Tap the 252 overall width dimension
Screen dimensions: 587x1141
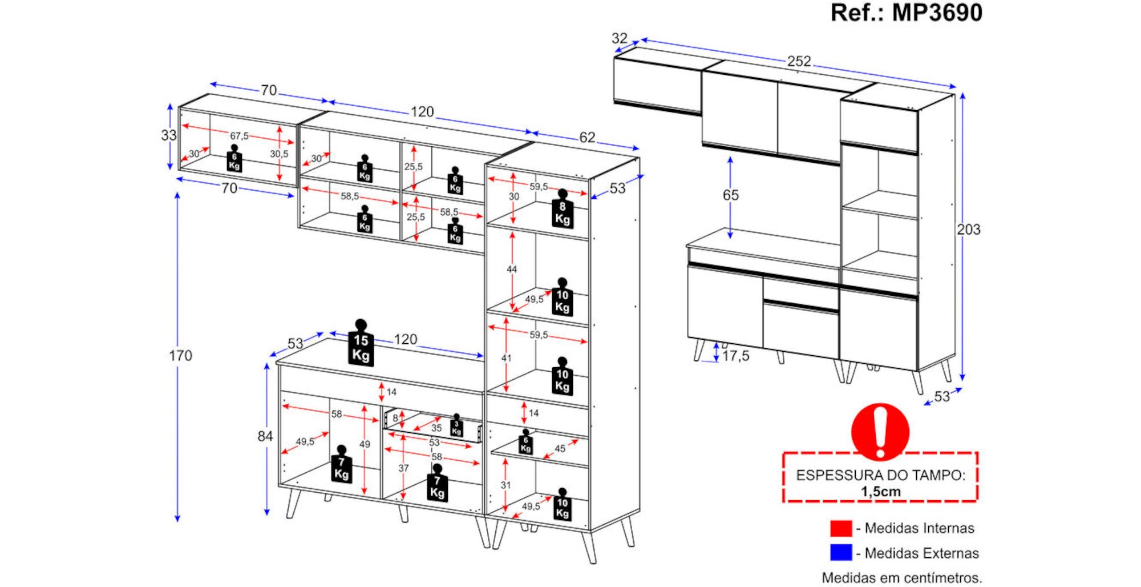point(799,61)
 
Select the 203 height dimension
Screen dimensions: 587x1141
point(968,230)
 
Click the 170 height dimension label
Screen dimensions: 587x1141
point(180,356)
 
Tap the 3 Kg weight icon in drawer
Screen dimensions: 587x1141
point(456,425)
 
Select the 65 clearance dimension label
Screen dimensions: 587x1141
point(730,195)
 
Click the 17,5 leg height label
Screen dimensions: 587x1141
point(735,356)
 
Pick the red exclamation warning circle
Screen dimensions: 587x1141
point(880,432)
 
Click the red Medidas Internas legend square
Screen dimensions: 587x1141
point(840,528)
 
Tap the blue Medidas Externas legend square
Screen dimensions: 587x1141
point(840,553)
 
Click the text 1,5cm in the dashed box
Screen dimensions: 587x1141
point(881,492)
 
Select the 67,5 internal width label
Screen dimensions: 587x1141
point(239,136)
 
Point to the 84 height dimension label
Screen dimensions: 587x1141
point(265,436)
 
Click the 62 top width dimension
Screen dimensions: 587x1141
point(586,138)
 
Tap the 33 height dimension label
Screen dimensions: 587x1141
point(168,135)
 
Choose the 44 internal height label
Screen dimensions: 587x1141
point(511,269)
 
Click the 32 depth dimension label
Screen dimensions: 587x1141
point(619,38)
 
